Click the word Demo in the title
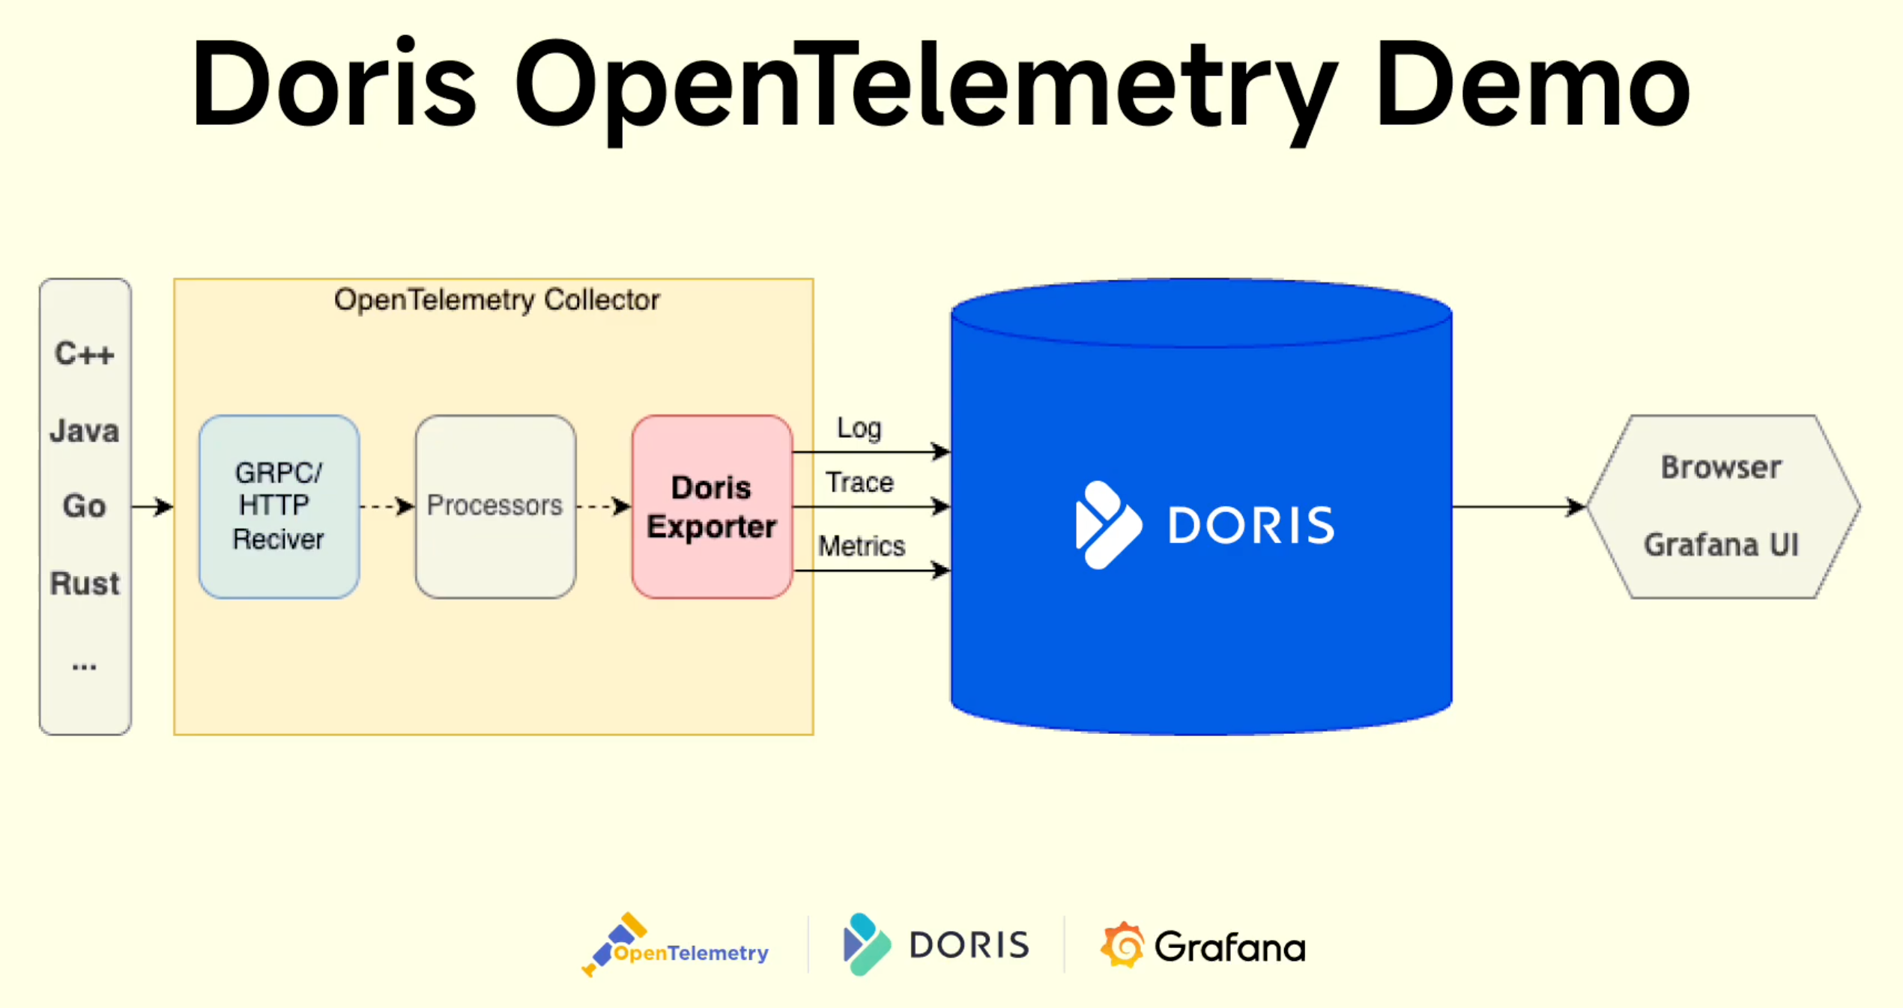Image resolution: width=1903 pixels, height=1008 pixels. (x=1532, y=84)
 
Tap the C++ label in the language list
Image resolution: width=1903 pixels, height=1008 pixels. (x=85, y=353)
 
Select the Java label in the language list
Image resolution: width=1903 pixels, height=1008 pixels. (x=85, y=431)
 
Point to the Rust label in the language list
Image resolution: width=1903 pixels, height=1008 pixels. (x=85, y=583)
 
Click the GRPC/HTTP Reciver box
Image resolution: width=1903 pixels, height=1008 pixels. (x=279, y=506)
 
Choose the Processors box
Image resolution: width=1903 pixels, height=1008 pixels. (x=495, y=506)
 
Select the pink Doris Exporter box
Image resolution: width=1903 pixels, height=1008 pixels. (x=712, y=506)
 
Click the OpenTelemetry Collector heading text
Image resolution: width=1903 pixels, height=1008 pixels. (x=497, y=300)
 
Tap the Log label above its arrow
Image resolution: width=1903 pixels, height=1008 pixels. (x=859, y=428)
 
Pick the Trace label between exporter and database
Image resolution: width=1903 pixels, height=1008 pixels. (x=859, y=483)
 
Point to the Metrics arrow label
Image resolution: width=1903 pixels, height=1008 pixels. (x=862, y=546)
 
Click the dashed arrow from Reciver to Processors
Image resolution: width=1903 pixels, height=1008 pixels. (x=387, y=507)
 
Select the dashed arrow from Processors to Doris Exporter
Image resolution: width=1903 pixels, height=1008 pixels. (x=603, y=507)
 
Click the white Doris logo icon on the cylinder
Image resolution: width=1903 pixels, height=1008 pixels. (x=1107, y=524)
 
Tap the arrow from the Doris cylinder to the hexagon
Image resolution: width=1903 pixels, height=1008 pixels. (x=1518, y=507)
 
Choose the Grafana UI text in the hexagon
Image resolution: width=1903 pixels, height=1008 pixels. (x=1721, y=545)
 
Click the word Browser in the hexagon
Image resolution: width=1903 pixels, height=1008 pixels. (x=1721, y=467)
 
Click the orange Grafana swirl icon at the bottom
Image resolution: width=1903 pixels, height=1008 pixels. (x=1122, y=945)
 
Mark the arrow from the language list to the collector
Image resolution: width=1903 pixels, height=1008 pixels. (x=152, y=507)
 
